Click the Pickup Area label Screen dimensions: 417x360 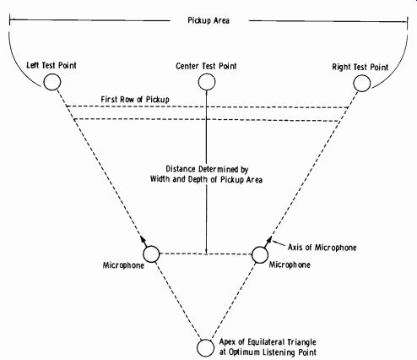[x=208, y=20]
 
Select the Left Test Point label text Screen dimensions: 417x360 [x=51, y=65]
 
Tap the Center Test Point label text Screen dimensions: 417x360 [x=206, y=66]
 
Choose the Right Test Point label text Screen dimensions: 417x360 [x=360, y=67]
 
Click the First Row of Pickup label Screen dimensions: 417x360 [x=135, y=99]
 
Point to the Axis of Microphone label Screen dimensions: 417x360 [x=322, y=248]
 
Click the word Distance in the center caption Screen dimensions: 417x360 [x=181, y=169]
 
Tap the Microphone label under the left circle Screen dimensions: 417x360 [x=123, y=265]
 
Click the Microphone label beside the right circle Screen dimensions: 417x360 [x=290, y=265]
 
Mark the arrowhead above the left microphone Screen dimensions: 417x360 [x=144, y=240]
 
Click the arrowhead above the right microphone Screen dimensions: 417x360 [x=268, y=241]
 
